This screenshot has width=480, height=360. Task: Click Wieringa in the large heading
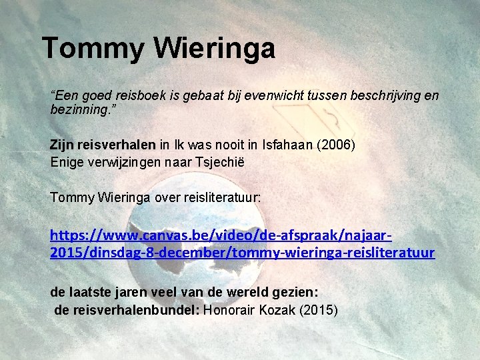[x=214, y=49]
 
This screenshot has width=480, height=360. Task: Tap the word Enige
[x=65, y=161]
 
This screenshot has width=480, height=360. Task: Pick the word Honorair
[x=227, y=309]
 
